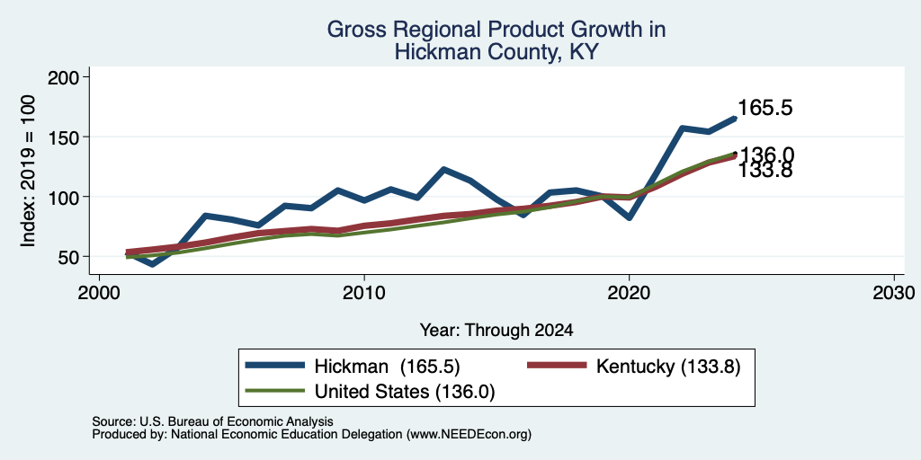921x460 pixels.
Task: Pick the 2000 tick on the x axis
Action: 99,292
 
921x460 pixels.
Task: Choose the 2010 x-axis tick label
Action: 364,292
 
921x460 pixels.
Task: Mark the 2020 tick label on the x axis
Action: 629,292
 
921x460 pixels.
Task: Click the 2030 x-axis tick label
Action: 894,292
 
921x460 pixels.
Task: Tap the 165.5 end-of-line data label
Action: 765,108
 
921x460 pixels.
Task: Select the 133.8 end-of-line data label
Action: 765,170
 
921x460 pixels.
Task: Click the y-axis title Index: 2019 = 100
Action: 28,171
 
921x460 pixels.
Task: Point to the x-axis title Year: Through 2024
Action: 496,331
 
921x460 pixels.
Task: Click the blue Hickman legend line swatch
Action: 275,366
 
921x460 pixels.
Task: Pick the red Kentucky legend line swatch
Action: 557,366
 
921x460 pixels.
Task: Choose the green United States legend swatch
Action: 275,391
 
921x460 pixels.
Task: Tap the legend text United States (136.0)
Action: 405,392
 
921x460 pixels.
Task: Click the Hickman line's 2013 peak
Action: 443,170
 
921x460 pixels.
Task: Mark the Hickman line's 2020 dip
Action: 629,217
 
